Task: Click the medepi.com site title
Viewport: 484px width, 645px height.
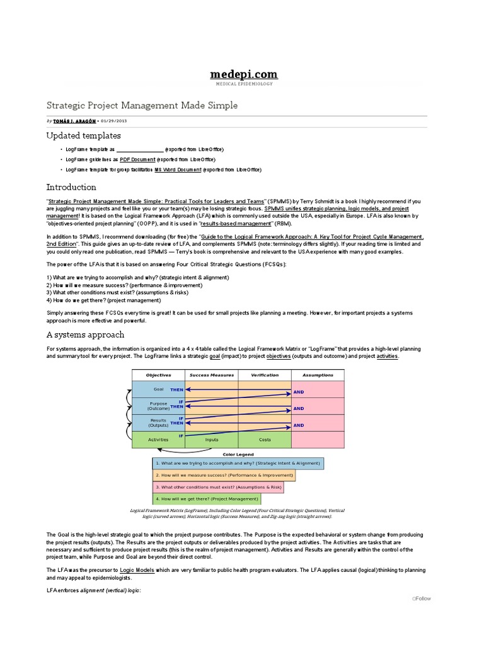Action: pyautogui.click(x=243, y=75)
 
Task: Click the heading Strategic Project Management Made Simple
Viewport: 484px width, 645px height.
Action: pyautogui.click(x=142, y=105)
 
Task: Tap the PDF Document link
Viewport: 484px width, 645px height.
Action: pyautogui.click(x=137, y=159)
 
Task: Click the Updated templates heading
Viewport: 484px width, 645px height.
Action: pyautogui.click(x=84, y=135)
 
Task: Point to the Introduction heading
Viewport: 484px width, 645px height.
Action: pyautogui.click(x=71, y=187)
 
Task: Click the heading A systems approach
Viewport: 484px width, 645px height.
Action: pyautogui.click(x=85, y=334)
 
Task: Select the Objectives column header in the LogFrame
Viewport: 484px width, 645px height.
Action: pyautogui.click(x=158, y=375)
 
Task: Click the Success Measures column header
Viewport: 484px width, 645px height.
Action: pyautogui.click(x=211, y=375)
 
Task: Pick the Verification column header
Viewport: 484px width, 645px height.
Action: pyautogui.click(x=265, y=375)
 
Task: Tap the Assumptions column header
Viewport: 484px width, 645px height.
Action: pyautogui.click(x=318, y=375)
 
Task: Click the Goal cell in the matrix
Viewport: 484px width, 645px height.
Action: pyautogui.click(x=158, y=389)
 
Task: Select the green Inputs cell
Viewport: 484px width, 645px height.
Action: pyautogui.click(x=212, y=440)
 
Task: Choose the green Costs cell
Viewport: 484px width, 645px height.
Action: pyautogui.click(x=265, y=440)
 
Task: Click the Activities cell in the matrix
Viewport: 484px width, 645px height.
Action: pyautogui.click(x=158, y=440)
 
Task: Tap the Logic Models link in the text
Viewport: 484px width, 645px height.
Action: pyautogui.click(x=137, y=569)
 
